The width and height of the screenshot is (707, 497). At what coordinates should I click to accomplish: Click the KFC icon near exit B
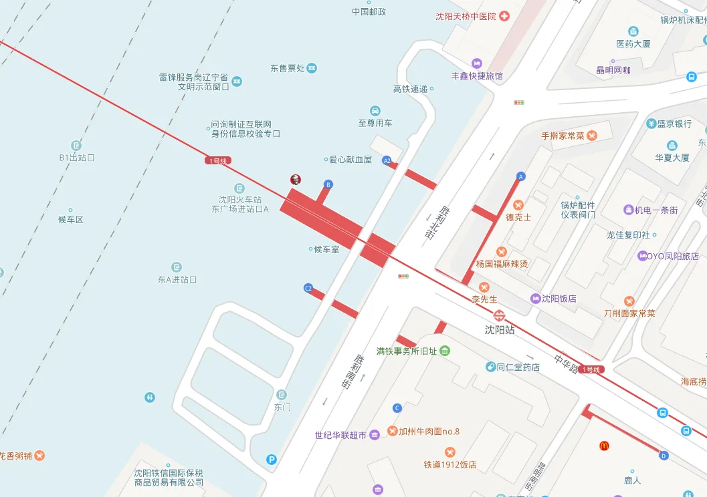click(295, 179)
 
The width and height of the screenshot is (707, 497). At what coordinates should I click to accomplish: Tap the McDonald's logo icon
click(604, 446)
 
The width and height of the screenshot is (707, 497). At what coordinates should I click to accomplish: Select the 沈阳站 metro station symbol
click(499, 317)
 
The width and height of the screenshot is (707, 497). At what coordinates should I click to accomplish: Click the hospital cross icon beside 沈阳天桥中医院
click(504, 16)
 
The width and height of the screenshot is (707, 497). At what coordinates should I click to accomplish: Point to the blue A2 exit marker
click(387, 161)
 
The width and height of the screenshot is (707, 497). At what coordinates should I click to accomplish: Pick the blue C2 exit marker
click(308, 289)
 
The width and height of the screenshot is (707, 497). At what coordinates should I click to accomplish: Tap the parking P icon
click(272, 459)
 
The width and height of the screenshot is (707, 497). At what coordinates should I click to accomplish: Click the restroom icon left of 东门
click(150, 397)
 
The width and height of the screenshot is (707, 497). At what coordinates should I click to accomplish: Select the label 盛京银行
click(674, 124)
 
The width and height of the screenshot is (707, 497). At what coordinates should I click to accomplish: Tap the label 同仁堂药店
click(518, 367)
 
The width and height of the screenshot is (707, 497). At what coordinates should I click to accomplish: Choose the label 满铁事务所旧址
click(406, 351)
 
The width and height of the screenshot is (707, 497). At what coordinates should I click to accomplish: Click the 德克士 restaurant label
click(518, 217)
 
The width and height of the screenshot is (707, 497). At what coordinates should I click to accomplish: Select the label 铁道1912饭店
click(450, 464)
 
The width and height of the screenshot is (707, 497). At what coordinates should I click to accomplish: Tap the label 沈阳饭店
click(559, 299)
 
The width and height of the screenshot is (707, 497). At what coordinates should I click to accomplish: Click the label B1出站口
click(77, 158)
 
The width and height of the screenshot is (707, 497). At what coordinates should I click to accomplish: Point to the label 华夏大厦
click(672, 158)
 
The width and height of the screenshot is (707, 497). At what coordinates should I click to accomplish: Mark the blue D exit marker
click(664, 456)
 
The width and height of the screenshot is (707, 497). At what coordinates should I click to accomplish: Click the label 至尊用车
click(375, 123)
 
